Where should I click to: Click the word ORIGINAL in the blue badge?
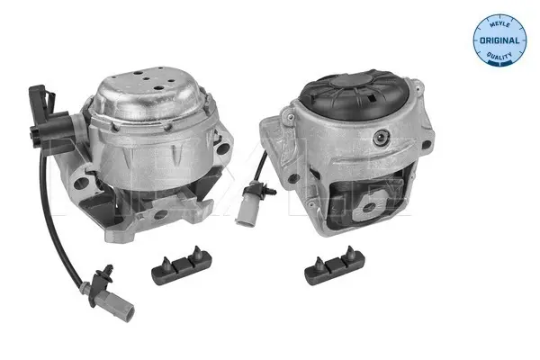(499, 40)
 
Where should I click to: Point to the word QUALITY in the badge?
(499, 56)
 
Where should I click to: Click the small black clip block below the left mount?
(181, 265)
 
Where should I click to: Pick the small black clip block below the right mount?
(335, 265)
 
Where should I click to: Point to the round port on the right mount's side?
(381, 138)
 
